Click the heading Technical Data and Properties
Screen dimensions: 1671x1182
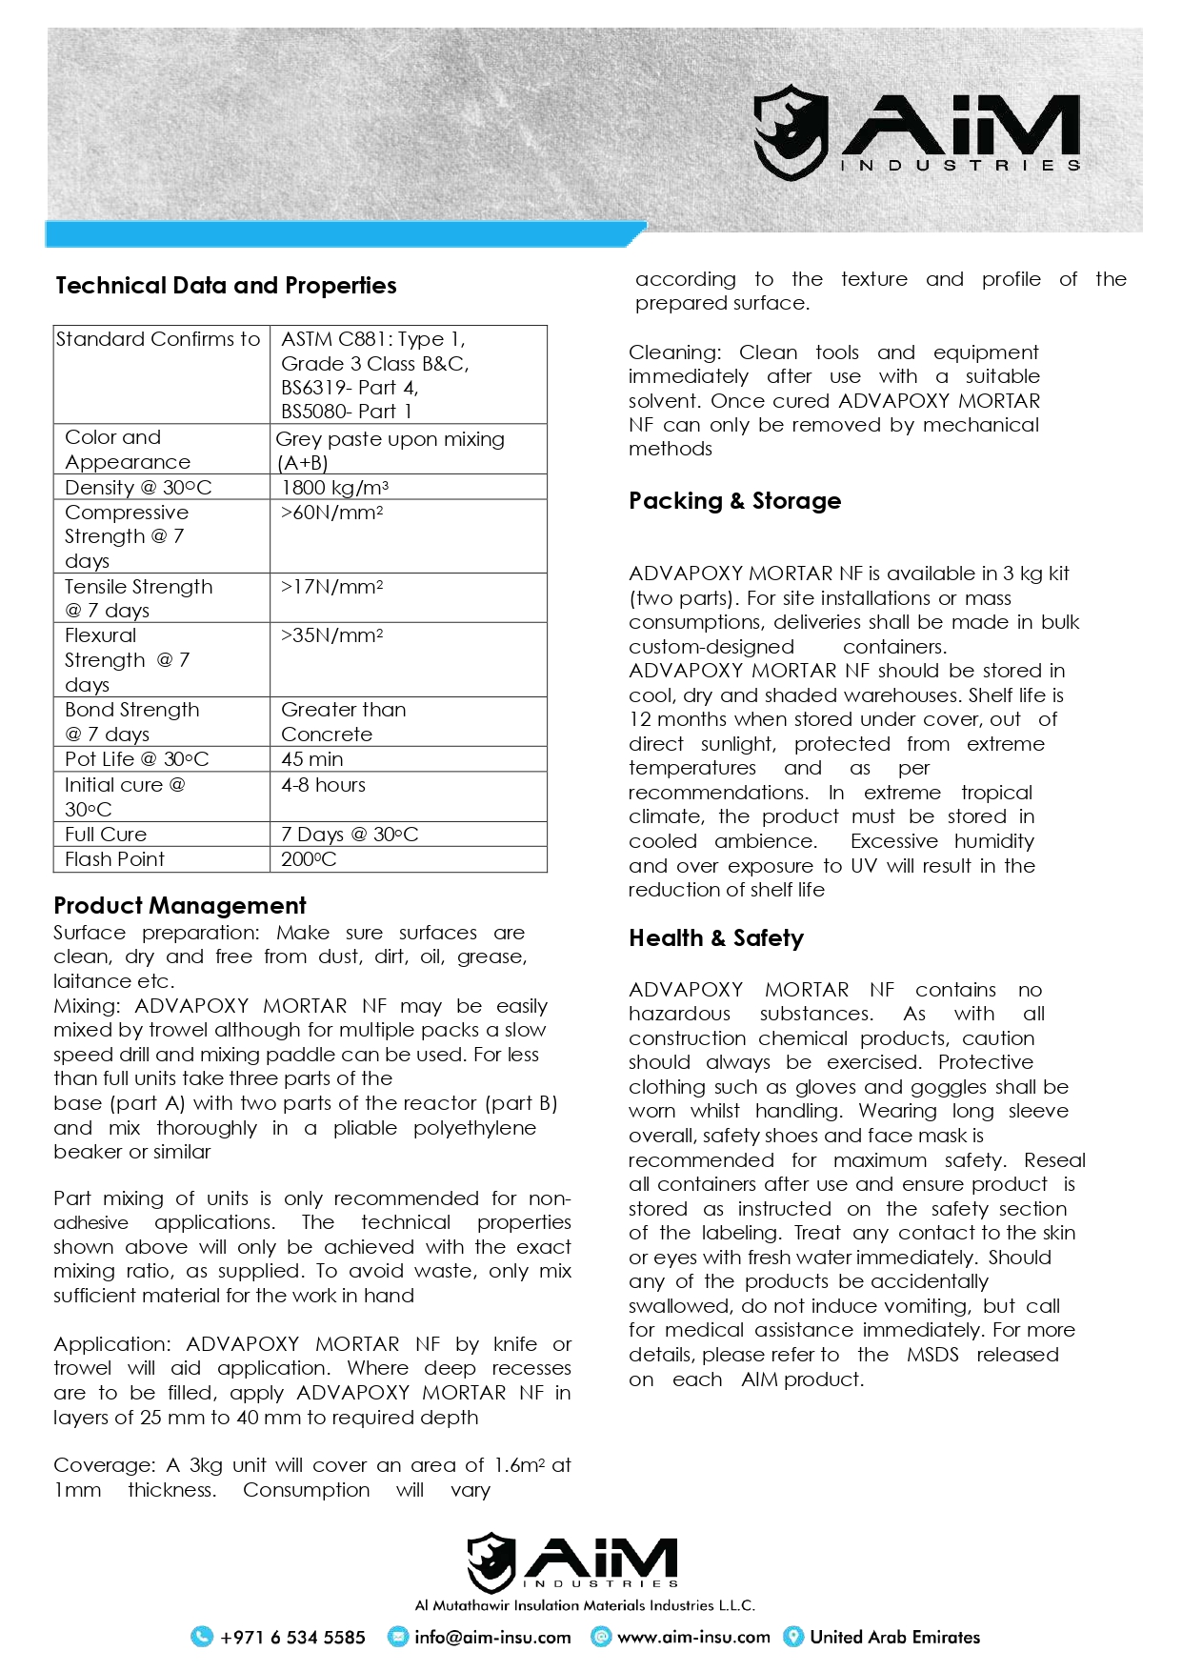[x=226, y=286]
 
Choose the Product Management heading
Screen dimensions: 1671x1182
[x=180, y=906]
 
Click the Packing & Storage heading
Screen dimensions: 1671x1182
[x=734, y=501]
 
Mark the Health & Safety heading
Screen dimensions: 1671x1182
[x=715, y=938]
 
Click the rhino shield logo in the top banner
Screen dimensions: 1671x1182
[x=790, y=132]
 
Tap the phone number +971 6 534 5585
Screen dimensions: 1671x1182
[x=292, y=1638]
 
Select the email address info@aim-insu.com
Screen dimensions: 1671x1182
[x=492, y=1638]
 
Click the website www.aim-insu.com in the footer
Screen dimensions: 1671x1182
[x=693, y=1638]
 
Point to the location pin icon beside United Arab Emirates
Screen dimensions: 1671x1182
[x=792, y=1637]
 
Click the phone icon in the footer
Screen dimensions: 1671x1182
[x=202, y=1637]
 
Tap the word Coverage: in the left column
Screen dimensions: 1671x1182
[x=104, y=1465]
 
